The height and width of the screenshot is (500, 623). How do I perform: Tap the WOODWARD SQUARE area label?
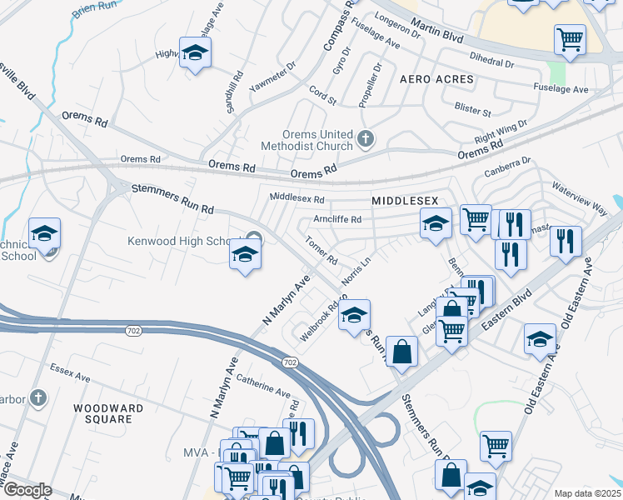pos(107,414)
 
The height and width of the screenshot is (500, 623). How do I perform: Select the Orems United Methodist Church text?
pos(314,138)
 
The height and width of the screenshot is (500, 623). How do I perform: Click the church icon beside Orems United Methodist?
pos(365,138)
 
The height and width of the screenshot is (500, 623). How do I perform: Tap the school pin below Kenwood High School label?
pos(245,255)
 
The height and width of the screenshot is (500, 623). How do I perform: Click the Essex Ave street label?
pos(69,372)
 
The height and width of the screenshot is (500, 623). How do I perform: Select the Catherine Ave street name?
pos(263,385)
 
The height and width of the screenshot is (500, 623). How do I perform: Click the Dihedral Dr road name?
pos(492,62)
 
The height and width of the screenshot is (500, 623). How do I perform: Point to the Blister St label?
pos(473,109)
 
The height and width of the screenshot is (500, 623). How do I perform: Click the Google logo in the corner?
pos(27,490)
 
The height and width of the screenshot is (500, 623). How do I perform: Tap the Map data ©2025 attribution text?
pos(587,493)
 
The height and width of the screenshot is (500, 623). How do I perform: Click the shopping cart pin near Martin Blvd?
pos(570,38)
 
